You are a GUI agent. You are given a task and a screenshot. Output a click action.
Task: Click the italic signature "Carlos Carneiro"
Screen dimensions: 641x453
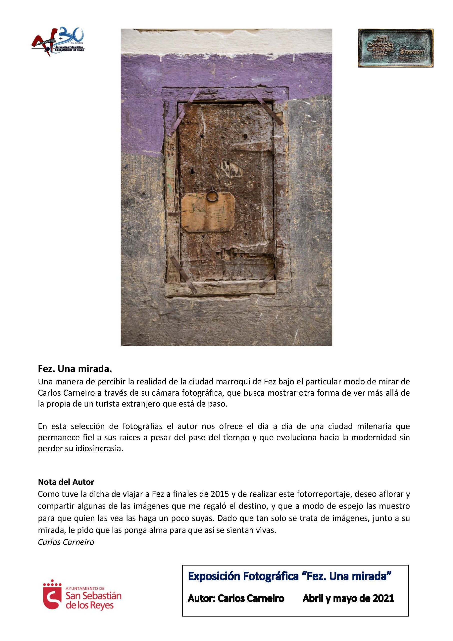(66, 542)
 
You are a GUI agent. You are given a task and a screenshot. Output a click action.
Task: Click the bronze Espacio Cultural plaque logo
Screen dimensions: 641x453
(395, 48)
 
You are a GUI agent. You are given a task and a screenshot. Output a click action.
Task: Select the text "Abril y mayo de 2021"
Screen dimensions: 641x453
(348, 598)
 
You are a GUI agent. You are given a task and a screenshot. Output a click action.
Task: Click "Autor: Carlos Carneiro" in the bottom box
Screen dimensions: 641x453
(236, 598)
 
